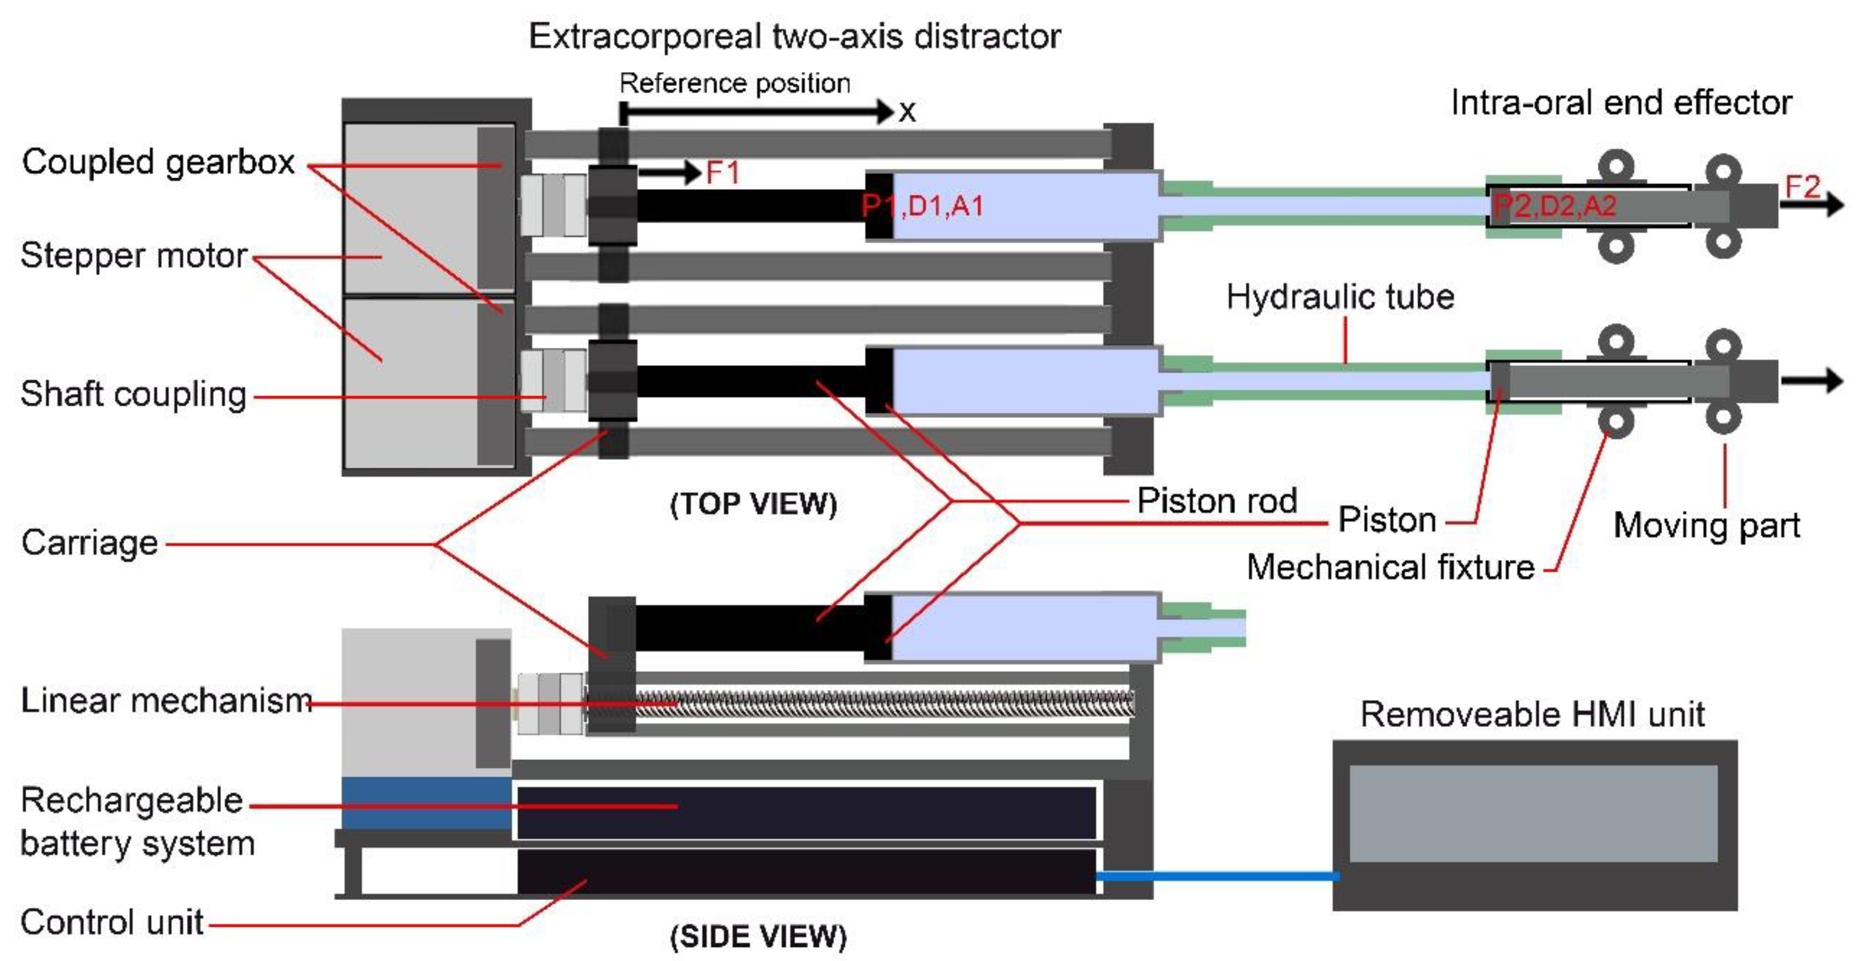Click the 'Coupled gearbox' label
158,161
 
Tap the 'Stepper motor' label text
133,256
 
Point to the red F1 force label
722,173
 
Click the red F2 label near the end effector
1801,187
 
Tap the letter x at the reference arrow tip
907,112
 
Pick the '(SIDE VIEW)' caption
758,936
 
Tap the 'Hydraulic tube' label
1339,297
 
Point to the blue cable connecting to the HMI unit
1217,876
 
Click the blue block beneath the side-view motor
426,802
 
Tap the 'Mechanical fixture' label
1390,567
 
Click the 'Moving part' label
1706,525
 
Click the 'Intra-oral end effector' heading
1620,103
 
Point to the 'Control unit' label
112,922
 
